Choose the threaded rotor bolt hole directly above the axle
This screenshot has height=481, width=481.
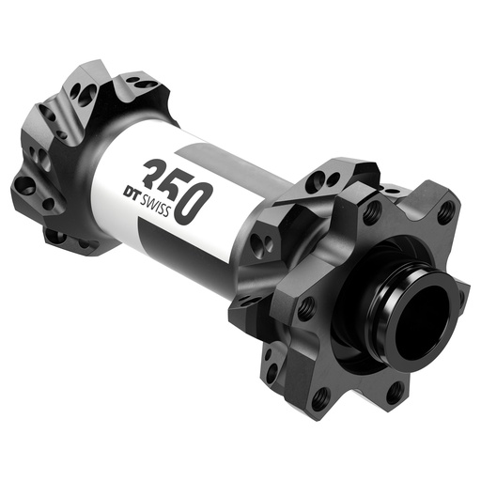(x=373, y=210)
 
